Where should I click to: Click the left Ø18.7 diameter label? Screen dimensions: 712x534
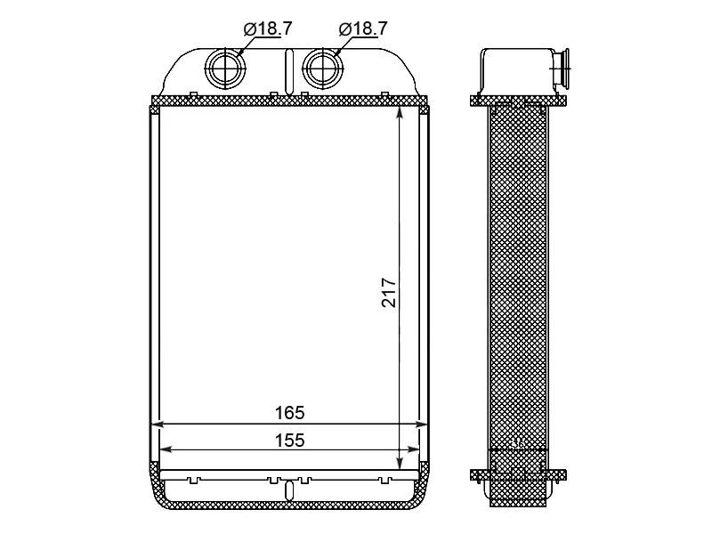click(268, 29)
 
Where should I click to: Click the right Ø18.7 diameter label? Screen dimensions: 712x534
click(363, 29)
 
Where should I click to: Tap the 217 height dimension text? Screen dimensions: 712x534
click(389, 293)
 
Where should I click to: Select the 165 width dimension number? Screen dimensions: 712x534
click(290, 413)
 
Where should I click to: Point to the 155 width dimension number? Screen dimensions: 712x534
click(290, 440)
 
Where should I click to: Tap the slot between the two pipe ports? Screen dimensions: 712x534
click(289, 72)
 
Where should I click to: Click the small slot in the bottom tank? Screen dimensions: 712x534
click(289, 491)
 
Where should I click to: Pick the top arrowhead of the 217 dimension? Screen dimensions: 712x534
click(400, 113)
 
